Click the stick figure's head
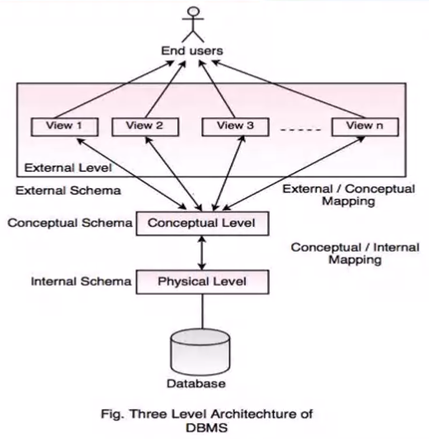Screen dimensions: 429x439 pyautogui.click(x=194, y=12)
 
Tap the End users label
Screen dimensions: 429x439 pyautogui.click(x=192, y=50)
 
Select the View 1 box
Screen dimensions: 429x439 pyautogui.click(x=64, y=127)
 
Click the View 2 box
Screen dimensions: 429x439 pyautogui.click(x=145, y=127)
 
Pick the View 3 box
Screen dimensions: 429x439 pyautogui.click(x=236, y=127)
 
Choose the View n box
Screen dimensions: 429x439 pyautogui.click(x=365, y=127)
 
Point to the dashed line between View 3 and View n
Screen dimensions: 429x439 pyautogui.click(x=300, y=130)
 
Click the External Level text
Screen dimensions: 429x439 pyautogui.click(x=68, y=168)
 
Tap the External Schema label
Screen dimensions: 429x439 pyautogui.click(x=68, y=191)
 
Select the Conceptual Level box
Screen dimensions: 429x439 pyautogui.click(x=203, y=224)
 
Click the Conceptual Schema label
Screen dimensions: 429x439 pyautogui.click(x=70, y=223)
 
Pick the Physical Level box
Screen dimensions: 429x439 pyautogui.click(x=203, y=282)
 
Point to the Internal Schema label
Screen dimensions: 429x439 pyautogui.click(x=81, y=281)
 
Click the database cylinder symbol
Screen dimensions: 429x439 pyautogui.click(x=200, y=352)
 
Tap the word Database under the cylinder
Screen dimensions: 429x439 pyautogui.click(x=196, y=384)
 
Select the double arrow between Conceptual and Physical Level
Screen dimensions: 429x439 pyautogui.click(x=202, y=253)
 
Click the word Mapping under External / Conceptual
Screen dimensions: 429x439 pyautogui.click(x=348, y=201)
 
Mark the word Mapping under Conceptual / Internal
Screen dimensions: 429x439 pyautogui.click(x=355, y=260)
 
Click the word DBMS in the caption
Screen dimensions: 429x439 pyautogui.click(x=207, y=427)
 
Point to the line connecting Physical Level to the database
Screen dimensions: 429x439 pyautogui.click(x=202, y=311)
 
